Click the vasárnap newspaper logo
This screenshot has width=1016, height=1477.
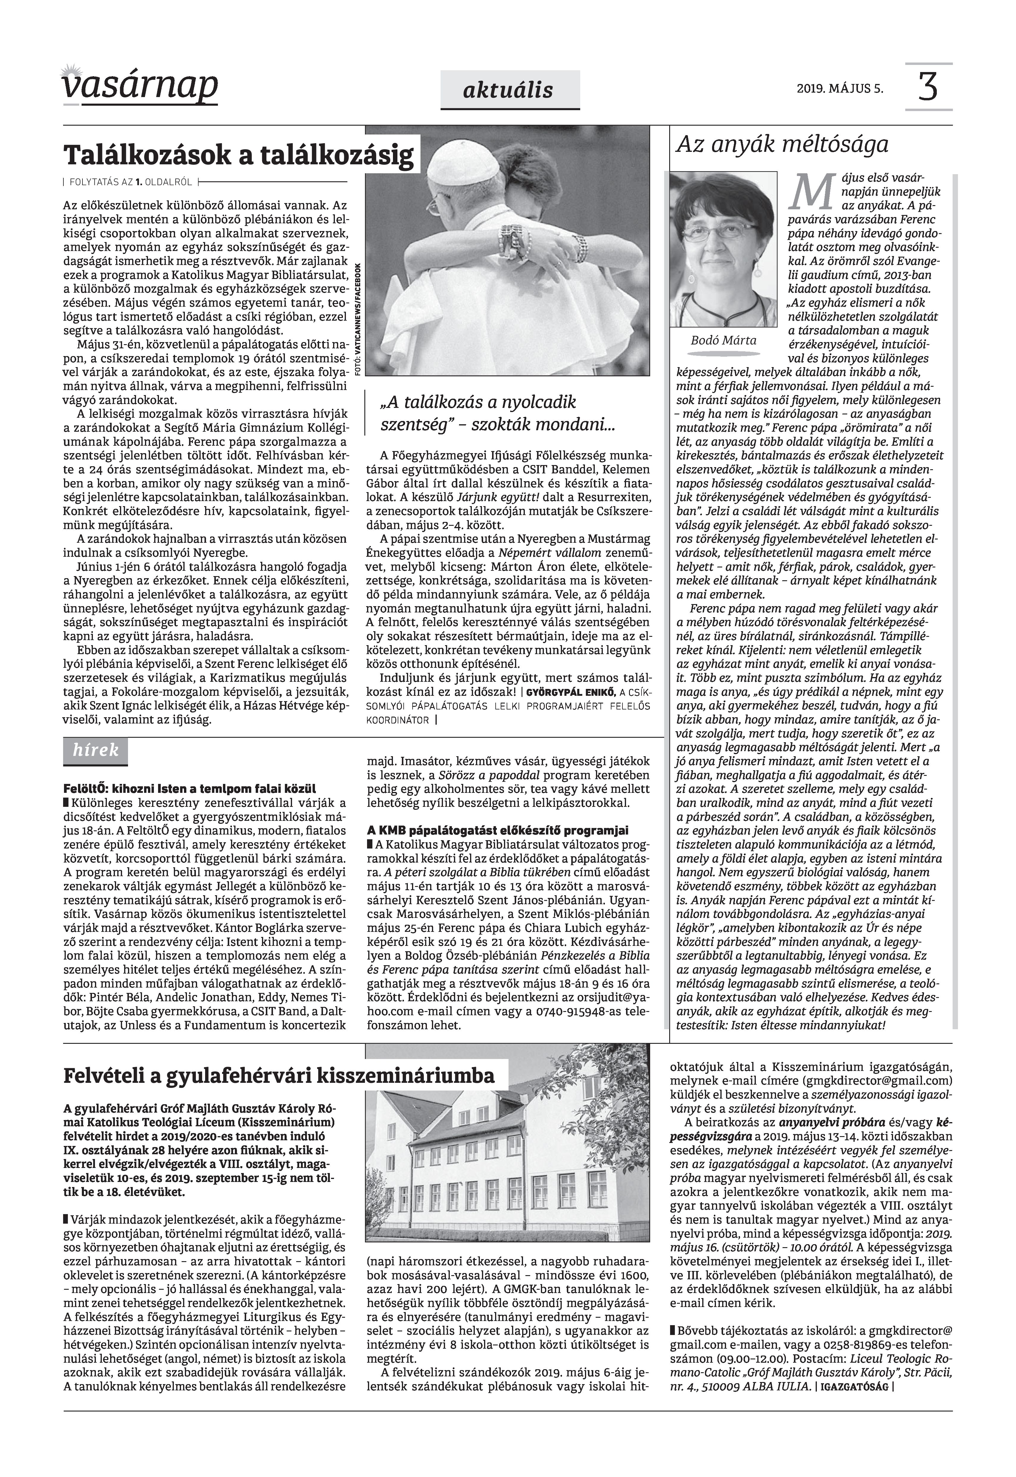(x=140, y=85)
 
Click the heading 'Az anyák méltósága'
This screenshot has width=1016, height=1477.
(x=782, y=145)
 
